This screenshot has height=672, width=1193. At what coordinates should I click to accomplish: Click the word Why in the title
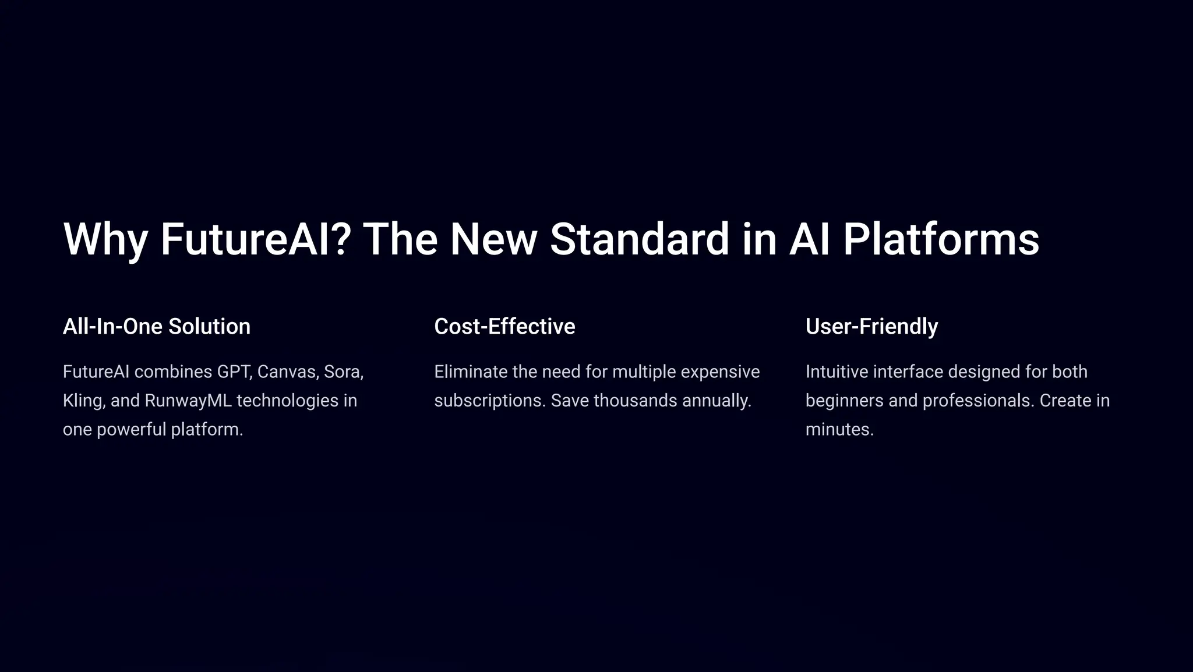tap(105, 239)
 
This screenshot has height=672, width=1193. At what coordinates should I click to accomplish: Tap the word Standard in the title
tap(639, 239)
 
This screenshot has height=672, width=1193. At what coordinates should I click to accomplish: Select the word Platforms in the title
tap(941, 239)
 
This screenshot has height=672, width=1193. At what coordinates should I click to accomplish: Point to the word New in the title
tap(493, 239)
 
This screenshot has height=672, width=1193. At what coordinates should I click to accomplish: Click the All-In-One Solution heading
tap(156, 327)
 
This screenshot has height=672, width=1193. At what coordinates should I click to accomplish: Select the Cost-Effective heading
tap(504, 327)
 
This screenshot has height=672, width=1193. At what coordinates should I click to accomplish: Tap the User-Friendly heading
tap(871, 327)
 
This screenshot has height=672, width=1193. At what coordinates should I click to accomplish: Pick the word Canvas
tap(288, 372)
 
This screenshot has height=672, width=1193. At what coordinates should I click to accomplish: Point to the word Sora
tap(343, 372)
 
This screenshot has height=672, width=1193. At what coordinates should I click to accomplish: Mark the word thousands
tap(627, 401)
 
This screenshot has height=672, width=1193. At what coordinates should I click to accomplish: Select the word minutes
tap(839, 430)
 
